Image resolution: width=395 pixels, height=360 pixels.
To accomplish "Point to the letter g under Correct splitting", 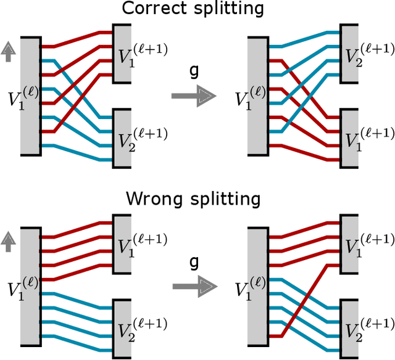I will click(193, 73).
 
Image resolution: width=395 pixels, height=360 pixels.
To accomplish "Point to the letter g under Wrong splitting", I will click(193, 263).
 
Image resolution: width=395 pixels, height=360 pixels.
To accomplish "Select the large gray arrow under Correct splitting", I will click(194, 96).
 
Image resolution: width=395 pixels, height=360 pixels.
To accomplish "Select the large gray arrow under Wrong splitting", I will click(194, 287).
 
